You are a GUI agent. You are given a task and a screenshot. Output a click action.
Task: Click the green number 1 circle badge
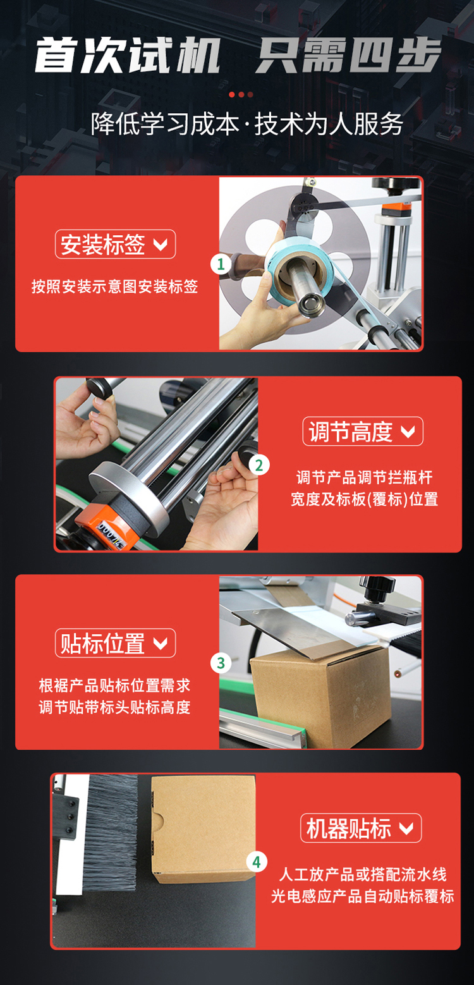point(221,264)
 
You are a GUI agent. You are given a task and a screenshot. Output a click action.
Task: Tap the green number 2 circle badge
point(259,465)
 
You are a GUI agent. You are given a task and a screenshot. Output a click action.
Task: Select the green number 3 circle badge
point(221,663)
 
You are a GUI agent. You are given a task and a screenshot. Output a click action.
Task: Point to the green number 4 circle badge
point(257,862)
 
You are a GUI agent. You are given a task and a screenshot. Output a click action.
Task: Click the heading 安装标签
point(103,245)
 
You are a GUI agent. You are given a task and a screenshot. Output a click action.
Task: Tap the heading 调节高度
point(350,431)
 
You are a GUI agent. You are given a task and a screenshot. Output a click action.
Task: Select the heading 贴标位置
point(103,644)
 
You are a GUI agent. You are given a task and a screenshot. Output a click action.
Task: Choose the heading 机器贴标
point(349,828)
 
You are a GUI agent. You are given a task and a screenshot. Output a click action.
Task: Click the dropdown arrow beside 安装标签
point(161,245)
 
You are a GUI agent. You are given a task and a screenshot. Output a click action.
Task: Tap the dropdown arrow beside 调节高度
point(408,432)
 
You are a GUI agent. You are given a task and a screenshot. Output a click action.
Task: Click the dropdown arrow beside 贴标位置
point(161,644)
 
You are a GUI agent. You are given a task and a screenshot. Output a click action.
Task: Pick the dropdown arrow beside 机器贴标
point(406,829)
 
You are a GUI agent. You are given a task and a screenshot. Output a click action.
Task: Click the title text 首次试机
point(128,56)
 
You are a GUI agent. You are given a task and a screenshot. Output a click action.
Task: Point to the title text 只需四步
point(348,56)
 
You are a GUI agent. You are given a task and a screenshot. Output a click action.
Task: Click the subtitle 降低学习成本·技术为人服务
point(246,124)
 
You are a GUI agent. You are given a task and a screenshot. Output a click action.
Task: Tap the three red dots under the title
point(241,95)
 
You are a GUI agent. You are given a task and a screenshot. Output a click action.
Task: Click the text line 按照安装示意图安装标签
point(115,286)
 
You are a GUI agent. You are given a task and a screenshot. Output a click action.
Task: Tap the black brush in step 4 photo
point(111,833)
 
